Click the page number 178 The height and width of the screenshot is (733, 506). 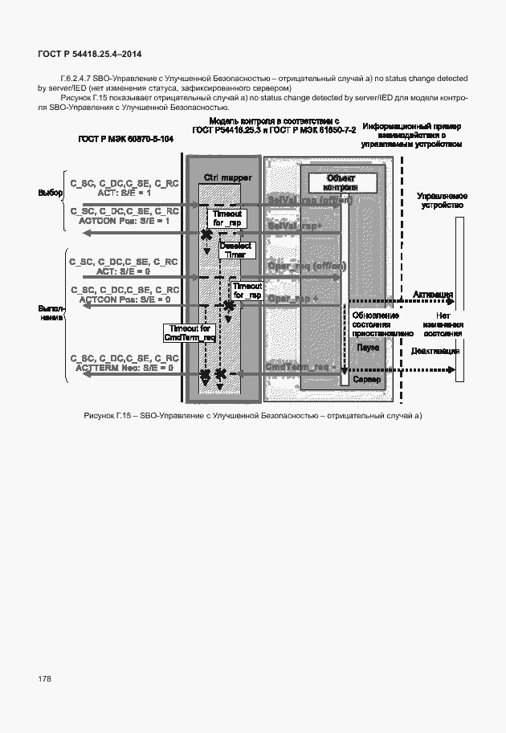(x=44, y=679)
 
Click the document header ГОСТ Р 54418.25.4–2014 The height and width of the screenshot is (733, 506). (x=90, y=55)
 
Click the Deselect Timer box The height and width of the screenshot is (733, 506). (x=229, y=250)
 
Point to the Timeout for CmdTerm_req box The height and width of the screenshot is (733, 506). (x=190, y=333)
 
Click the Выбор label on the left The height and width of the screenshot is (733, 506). (x=51, y=193)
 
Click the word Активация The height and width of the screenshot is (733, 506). (x=433, y=295)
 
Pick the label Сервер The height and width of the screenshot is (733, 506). (x=367, y=379)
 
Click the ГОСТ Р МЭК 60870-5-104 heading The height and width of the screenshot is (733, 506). (x=125, y=139)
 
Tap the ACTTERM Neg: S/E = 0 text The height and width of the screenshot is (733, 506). (x=124, y=367)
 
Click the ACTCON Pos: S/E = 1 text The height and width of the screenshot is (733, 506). (x=124, y=221)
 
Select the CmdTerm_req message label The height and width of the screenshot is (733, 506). (x=298, y=366)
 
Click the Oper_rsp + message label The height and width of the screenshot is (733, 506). (x=293, y=299)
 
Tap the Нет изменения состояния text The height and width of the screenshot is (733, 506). (x=443, y=324)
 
